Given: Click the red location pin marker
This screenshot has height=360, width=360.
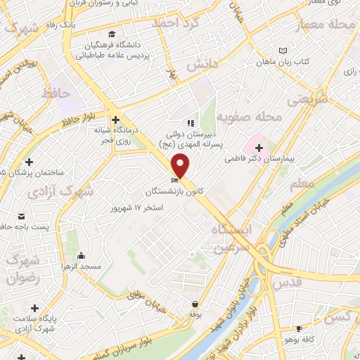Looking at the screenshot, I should (x=181, y=165).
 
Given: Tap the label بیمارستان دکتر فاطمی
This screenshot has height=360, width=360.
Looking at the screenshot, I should (x=257, y=160).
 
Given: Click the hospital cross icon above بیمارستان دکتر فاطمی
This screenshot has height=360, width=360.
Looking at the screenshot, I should (x=259, y=148).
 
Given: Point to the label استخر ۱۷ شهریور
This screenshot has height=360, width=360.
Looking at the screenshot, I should (x=138, y=208).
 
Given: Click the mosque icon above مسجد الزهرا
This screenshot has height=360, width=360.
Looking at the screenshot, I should (x=82, y=255).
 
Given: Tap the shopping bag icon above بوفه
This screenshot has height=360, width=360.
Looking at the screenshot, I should (x=194, y=304).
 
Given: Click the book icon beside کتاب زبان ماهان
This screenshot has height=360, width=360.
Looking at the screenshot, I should (x=283, y=51).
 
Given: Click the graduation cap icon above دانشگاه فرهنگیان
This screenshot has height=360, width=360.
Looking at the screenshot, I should (x=112, y=34).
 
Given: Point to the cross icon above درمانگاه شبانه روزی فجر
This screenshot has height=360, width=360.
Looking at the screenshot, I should (x=115, y=120).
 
